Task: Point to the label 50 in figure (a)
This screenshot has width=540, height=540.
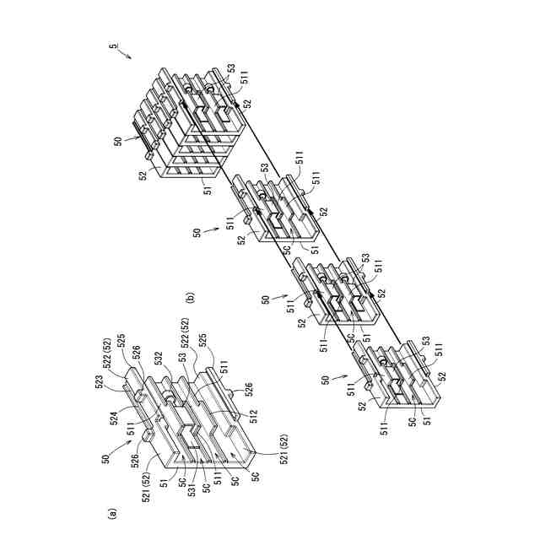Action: tap(105, 460)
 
